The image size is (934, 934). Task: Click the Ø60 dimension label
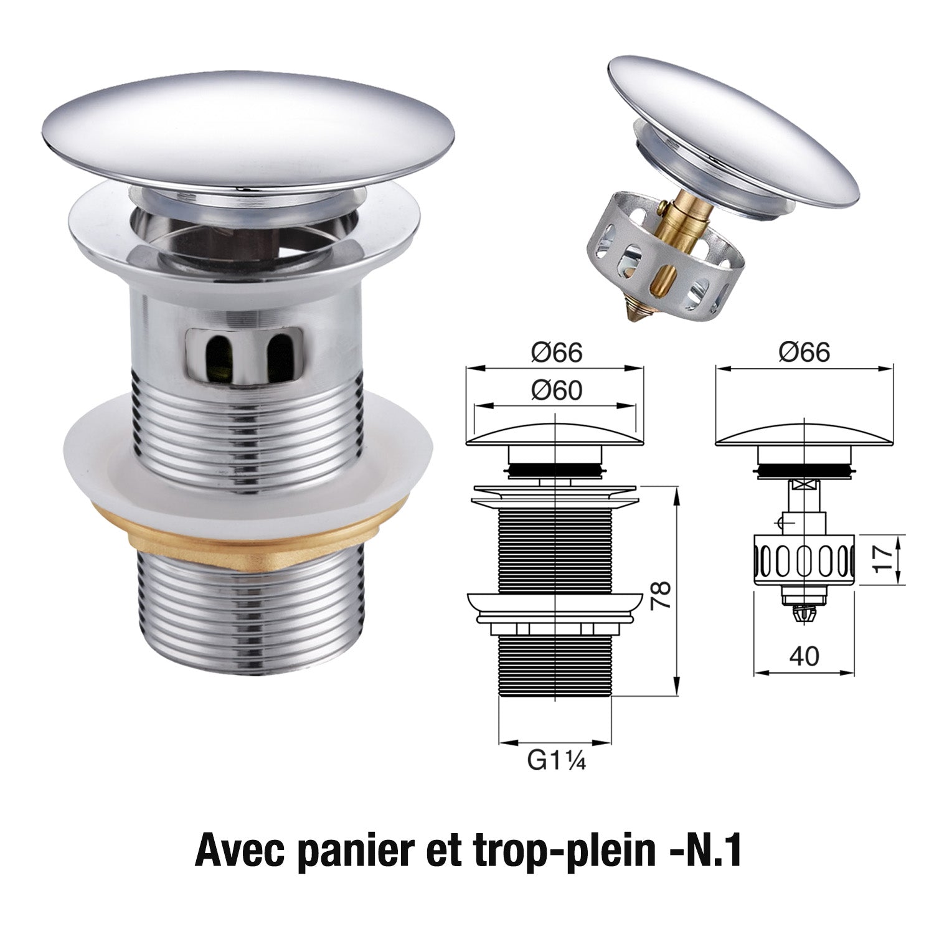556,390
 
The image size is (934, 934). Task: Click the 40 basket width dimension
803,656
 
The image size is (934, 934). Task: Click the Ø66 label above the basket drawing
804,353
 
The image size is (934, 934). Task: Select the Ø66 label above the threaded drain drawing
556,353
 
